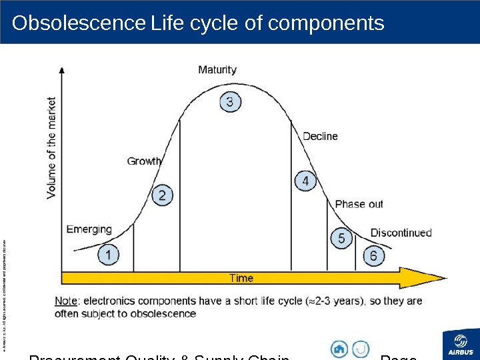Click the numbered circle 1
point(109,255)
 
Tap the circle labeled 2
point(162,195)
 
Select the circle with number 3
point(230,102)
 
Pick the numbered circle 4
point(305,181)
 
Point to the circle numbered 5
point(341,238)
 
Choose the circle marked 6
point(373,256)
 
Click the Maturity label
point(217,69)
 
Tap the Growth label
point(145,161)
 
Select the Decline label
point(320,136)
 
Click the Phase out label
point(359,204)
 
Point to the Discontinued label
point(401,233)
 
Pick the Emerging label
point(89,229)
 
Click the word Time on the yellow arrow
point(241,277)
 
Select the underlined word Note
point(65,301)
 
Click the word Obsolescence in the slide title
point(78,23)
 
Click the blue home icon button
point(339,348)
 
